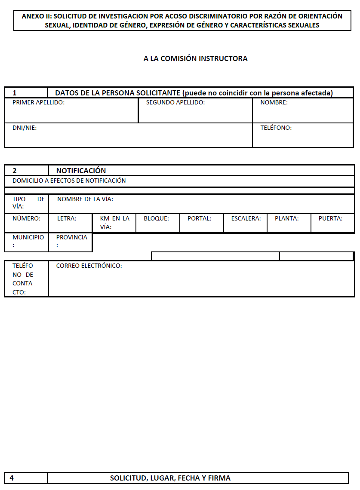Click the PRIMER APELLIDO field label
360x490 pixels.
(38, 103)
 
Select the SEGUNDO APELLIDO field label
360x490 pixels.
(175, 103)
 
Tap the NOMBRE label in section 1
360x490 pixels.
(274, 103)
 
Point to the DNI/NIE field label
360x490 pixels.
(25, 128)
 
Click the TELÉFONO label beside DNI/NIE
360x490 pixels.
(276, 128)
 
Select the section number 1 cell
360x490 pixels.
(15, 93)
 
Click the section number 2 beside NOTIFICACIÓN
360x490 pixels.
(15, 171)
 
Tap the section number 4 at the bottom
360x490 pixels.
(12, 478)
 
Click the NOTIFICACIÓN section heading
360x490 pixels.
(81, 171)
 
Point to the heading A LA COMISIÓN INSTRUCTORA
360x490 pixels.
(195, 58)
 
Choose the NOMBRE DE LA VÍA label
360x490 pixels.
(85, 199)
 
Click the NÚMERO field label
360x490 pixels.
(26, 218)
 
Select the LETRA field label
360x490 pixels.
(67, 218)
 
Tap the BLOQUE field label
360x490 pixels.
(156, 218)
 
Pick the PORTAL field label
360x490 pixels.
(199, 218)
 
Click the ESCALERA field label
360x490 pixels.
(246, 218)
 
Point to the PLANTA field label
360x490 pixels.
(286, 218)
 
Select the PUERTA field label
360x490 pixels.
(330, 218)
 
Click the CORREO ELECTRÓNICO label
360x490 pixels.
(89, 266)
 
